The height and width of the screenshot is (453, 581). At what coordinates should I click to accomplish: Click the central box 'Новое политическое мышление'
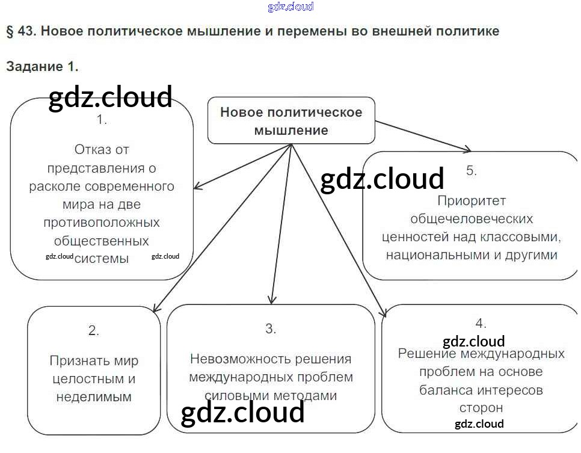point(291,121)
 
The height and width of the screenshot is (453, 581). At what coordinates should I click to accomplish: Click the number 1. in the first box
point(102,120)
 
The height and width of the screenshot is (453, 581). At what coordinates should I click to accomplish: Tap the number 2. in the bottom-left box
point(93,330)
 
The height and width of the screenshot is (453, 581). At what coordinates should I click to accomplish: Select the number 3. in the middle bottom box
point(271,328)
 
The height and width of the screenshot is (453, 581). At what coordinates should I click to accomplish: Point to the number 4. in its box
point(481,323)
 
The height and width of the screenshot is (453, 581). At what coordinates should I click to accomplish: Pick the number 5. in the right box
point(472,170)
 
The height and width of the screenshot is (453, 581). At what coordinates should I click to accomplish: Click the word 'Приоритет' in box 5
point(472,200)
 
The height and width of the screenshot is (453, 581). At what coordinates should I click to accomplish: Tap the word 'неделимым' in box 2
point(94,397)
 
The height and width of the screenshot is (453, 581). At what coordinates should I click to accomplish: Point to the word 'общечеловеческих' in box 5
point(472,218)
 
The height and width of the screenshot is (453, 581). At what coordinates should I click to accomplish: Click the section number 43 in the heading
point(26,31)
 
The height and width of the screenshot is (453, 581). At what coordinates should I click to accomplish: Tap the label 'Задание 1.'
point(42,66)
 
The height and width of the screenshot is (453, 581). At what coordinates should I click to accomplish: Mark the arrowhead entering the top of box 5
point(467,149)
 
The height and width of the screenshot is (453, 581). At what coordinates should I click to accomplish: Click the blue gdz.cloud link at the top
point(290,7)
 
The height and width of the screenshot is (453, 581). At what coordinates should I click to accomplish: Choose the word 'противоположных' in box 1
point(102,223)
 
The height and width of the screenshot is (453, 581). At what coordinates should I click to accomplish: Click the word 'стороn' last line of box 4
point(481,408)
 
